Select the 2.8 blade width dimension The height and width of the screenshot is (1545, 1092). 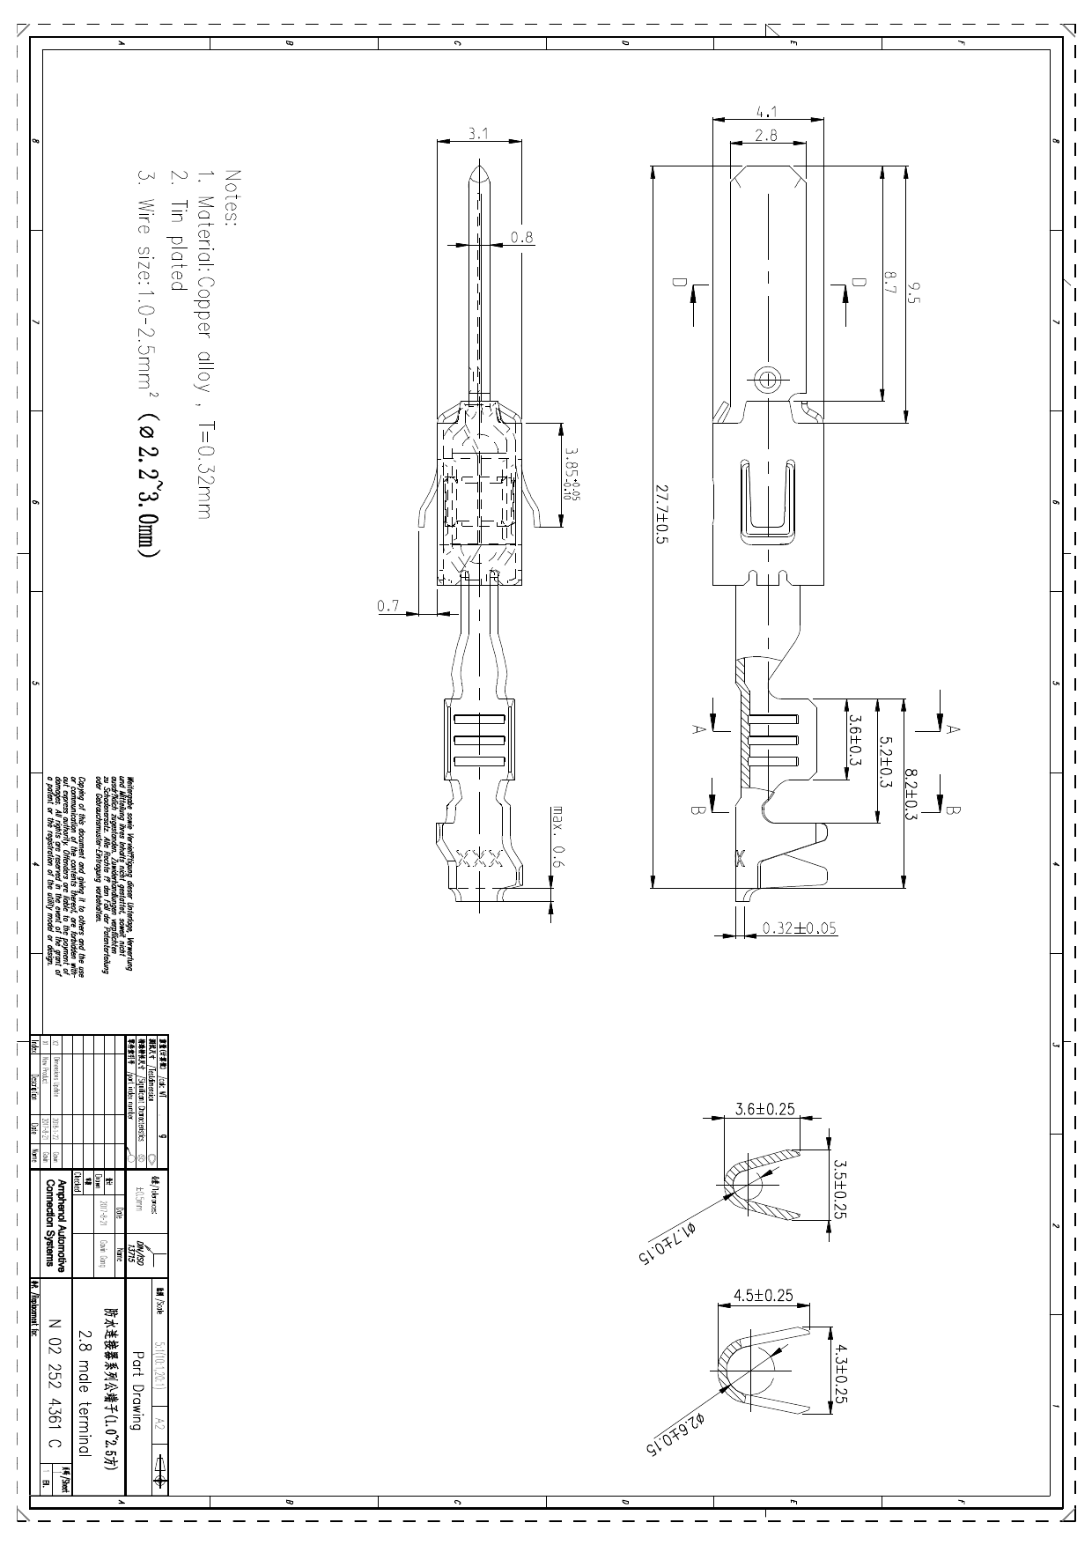pyautogui.click(x=766, y=135)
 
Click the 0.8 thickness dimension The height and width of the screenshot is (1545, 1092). pyautogui.click(x=522, y=237)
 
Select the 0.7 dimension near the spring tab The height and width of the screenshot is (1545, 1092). pyautogui.click(x=387, y=606)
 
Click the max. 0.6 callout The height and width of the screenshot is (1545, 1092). pyautogui.click(x=557, y=836)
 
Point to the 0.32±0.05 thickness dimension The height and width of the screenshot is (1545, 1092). pyautogui.click(x=800, y=928)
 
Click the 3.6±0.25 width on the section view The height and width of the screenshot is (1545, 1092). pyautogui.click(x=765, y=1109)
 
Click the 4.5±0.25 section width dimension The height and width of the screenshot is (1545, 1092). pyautogui.click(x=763, y=1295)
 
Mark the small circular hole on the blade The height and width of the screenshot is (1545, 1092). pyautogui.click(x=768, y=380)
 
